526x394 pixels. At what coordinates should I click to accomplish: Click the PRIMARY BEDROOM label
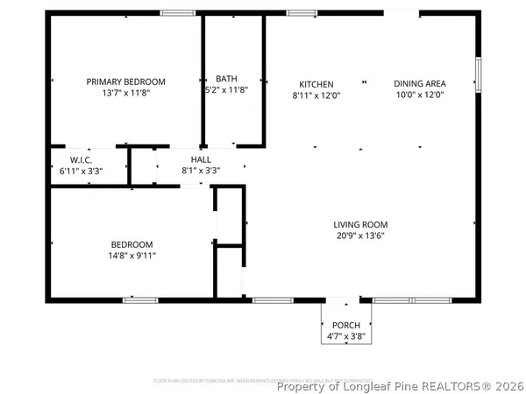[125, 81]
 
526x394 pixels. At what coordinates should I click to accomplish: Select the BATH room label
[226, 78]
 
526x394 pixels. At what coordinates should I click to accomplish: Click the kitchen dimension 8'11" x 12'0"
[315, 95]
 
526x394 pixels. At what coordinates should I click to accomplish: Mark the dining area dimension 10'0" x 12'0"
[418, 95]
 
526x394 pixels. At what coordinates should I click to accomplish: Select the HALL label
[201, 159]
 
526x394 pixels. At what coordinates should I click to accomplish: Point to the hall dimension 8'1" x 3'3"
[201, 171]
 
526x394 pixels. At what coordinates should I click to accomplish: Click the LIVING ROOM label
[360, 223]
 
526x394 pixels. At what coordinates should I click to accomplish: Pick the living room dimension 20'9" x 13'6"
[360, 235]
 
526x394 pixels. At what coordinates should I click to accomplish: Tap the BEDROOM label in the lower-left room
[131, 244]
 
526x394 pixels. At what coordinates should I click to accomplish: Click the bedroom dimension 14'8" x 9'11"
[131, 256]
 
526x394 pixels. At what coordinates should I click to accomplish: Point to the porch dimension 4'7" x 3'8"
[345, 334]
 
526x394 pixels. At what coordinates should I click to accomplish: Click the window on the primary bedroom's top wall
[177, 12]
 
